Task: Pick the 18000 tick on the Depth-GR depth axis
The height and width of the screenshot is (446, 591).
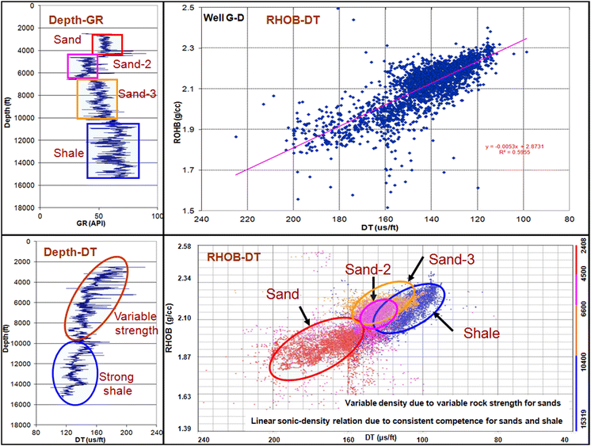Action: coord(21,208)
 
